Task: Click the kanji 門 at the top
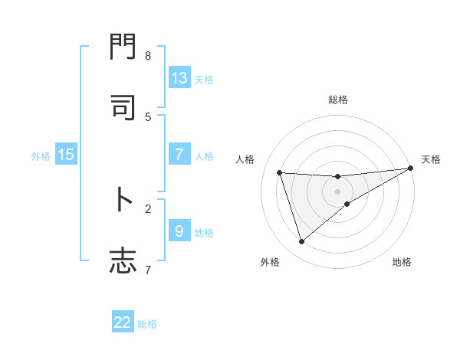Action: coord(123,48)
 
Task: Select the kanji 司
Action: coord(123,108)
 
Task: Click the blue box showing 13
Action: coord(179,78)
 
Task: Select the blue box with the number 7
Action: coord(179,155)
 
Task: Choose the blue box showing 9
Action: coord(179,231)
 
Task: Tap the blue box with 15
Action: coord(66,155)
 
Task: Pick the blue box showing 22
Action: coord(123,322)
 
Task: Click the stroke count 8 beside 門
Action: coord(148,56)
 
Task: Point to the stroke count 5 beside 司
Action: coord(148,116)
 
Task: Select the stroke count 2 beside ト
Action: coord(148,208)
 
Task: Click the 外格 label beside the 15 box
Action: coord(41,155)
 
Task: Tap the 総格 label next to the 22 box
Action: coord(147,324)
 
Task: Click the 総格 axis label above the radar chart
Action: coord(338,100)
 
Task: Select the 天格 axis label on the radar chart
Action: coord(432,159)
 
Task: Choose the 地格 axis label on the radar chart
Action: coord(402,262)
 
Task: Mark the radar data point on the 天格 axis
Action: coord(411,169)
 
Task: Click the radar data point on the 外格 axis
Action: coord(301,242)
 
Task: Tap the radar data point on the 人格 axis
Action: coord(280,173)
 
